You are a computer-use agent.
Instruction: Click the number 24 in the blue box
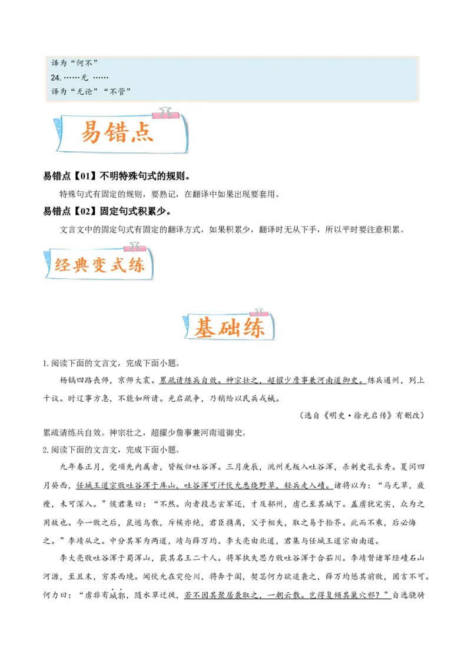coord(55,78)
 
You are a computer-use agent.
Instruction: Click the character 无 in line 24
coord(84,78)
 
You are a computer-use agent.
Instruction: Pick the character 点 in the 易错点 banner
coord(143,133)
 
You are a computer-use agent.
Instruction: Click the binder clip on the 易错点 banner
coord(164,112)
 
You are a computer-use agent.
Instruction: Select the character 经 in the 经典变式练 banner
coord(63,265)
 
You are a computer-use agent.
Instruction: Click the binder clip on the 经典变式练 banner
coord(135,247)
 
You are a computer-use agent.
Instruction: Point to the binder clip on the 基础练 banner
coord(258,312)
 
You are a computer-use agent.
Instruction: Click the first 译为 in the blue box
coord(59,63)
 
